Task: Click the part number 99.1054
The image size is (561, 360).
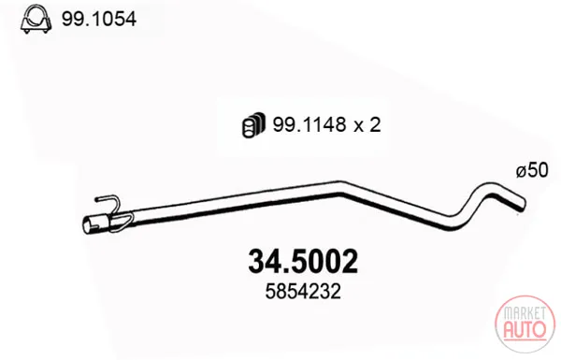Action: (x=99, y=19)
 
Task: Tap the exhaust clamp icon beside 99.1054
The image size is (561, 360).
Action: (x=36, y=20)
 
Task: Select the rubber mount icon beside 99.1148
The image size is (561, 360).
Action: (x=253, y=125)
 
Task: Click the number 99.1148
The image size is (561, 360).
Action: (x=309, y=125)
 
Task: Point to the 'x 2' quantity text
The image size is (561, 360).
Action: (x=367, y=125)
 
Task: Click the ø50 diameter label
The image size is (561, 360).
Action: (x=532, y=170)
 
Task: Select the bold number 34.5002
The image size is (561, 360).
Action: (x=303, y=262)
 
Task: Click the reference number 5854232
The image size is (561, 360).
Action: (x=303, y=292)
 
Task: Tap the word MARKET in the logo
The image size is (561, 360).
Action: (x=525, y=313)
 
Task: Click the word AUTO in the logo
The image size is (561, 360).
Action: (x=525, y=329)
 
